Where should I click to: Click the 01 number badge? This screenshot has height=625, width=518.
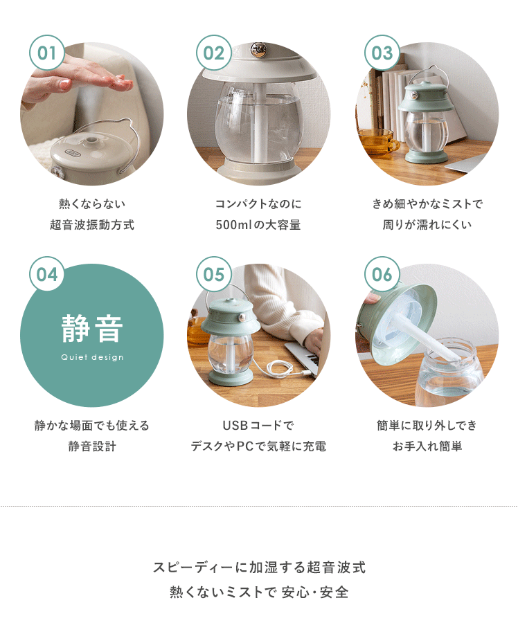(47, 53)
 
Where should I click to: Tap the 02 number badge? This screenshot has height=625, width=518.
(214, 53)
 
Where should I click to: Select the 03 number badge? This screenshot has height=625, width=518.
(382, 53)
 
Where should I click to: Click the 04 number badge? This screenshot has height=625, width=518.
(47, 274)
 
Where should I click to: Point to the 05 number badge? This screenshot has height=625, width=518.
(214, 274)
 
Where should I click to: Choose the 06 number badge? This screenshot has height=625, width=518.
(382, 274)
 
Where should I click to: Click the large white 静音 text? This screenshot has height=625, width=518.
(91, 329)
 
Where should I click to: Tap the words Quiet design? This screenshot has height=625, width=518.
(92, 357)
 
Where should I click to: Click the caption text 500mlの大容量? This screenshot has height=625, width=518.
(258, 225)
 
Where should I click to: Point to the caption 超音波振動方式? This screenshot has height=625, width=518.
(92, 225)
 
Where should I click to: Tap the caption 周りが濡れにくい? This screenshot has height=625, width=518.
(427, 225)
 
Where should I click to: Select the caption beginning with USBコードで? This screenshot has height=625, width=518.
(258, 425)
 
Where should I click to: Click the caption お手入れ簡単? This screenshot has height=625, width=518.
(427, 446)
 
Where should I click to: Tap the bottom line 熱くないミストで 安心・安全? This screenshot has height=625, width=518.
(259, 592)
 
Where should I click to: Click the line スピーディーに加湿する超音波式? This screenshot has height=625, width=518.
(259, 567)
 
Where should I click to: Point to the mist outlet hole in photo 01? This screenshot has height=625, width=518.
(91, 140)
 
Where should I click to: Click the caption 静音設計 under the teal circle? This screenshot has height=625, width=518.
(92, 446)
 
